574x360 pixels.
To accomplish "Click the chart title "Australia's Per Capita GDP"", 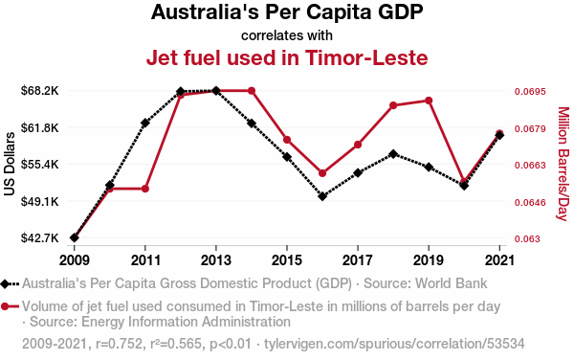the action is [287, 12].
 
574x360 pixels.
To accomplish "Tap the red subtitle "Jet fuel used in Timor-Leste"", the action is [287, 57].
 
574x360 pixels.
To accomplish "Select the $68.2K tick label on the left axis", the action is [39, 90].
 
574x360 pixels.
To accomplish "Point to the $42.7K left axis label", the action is [39, 238].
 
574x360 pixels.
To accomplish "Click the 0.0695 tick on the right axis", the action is [530, 91].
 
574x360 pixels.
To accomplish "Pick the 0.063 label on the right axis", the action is [527, 238].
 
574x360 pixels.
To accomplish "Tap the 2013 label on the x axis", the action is [216, 260].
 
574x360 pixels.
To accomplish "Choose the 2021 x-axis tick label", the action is [499, 260].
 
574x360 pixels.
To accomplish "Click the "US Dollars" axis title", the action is [10, 164].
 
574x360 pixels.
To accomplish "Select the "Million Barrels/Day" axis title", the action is [563, 164].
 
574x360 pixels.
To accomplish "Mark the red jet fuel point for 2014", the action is [252, 91].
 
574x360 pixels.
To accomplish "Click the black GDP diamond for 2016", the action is [322, 196].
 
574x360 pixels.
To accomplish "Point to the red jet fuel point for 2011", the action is [145, 189].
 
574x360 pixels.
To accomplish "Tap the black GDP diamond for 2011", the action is [145, 124].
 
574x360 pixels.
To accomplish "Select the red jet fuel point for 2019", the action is [429, 101].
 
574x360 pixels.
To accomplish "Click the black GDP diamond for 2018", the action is [393, 154].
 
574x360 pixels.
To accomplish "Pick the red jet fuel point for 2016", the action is [322, 173].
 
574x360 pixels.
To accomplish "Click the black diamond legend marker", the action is [5, 283].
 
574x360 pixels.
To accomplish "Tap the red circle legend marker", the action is [5, 306].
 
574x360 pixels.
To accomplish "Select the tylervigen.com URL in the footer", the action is [394, 344].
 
